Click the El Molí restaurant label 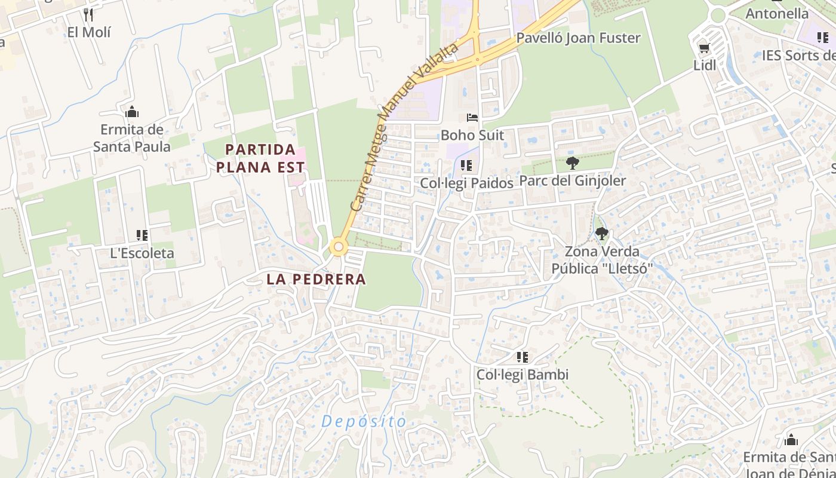(x=89, y=32)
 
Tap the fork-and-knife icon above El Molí (x=88, y=14)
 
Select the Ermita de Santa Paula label (x=132, y=138)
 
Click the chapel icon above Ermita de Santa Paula (x=132, y=112)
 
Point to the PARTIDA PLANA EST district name (x=260, y=158)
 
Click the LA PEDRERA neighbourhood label (x=316, y=279)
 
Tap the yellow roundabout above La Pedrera (x=339, y=246)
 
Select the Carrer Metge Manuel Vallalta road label (x=404, y=126)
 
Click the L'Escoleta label (x=142, y=253)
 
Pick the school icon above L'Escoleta (x=142, y=235)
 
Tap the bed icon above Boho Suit (x=472, y=118)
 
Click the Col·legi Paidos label (x=466, y=183)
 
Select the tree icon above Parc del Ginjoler (x=572, y=163)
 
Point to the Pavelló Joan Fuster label (x=578, y=38)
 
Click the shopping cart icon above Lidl (x=705, y=48)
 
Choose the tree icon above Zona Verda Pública (x=601, y=234)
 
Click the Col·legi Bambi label (x=522, y=375)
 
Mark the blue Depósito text (x=364, y=421)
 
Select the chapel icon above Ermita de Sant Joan (x=791, y=440)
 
